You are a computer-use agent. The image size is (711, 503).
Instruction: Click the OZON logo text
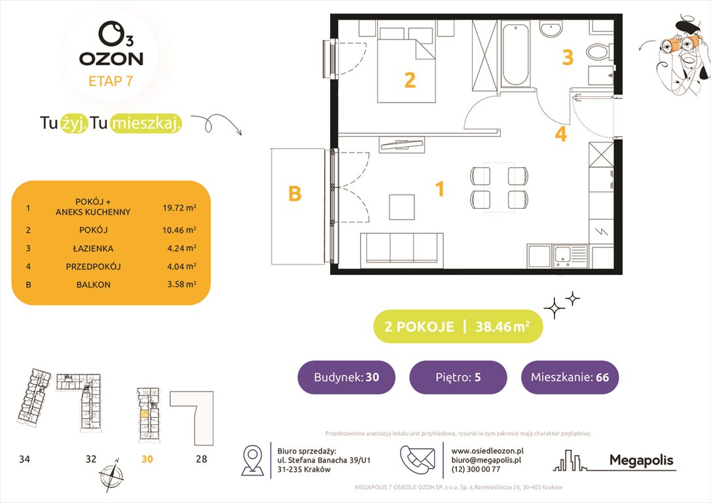[x=111, y=58]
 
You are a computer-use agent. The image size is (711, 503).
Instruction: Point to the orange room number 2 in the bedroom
[x=410, y=80]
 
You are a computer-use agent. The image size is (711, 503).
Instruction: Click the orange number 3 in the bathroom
[x=568, y=58]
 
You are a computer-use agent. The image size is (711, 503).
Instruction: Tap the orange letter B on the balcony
[x=295, y=195]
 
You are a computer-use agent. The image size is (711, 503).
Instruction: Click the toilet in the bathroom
[x=598, y=50]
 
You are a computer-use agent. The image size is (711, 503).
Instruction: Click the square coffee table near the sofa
[x=401, y=206]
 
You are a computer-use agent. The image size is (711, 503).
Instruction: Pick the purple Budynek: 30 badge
[x=346, y=377]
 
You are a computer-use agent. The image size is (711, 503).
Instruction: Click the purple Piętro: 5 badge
[x=458, y=377]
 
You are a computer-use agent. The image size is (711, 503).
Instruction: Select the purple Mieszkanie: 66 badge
[x=570, y=377]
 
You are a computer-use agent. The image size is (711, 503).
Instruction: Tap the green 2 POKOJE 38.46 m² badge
[x=458, y=326]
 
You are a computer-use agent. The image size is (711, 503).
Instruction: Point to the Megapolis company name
[x=641, y=460]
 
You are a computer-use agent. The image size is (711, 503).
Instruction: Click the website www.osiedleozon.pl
[x=488, y=451]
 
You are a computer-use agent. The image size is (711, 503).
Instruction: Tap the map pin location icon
[x=253, y=460]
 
